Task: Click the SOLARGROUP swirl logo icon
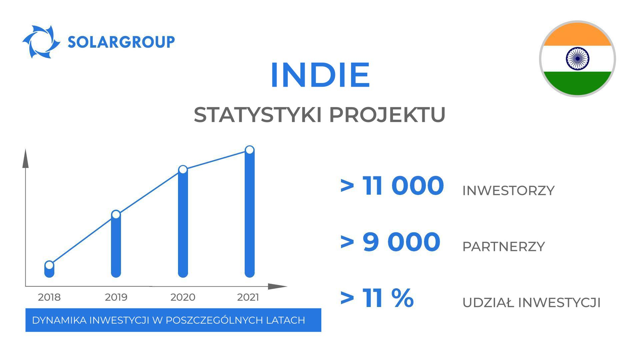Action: tap(41, 42)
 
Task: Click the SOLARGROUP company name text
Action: tap(121, 42)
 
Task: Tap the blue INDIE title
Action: tap(320, 75)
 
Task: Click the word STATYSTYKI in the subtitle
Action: tap(257, 115)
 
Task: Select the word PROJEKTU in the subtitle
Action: tap(387, 115)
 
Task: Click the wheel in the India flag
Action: tap(577, 59)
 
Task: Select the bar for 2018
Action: tap(49, 272)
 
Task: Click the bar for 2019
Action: tap(116, 247)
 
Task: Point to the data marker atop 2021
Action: tap(249, 150)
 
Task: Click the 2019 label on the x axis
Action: tap(116, 297)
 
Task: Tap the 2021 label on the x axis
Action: tap(248, 297)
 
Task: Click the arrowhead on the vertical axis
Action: tap(26, 159)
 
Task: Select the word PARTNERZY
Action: tap(503, 247)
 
